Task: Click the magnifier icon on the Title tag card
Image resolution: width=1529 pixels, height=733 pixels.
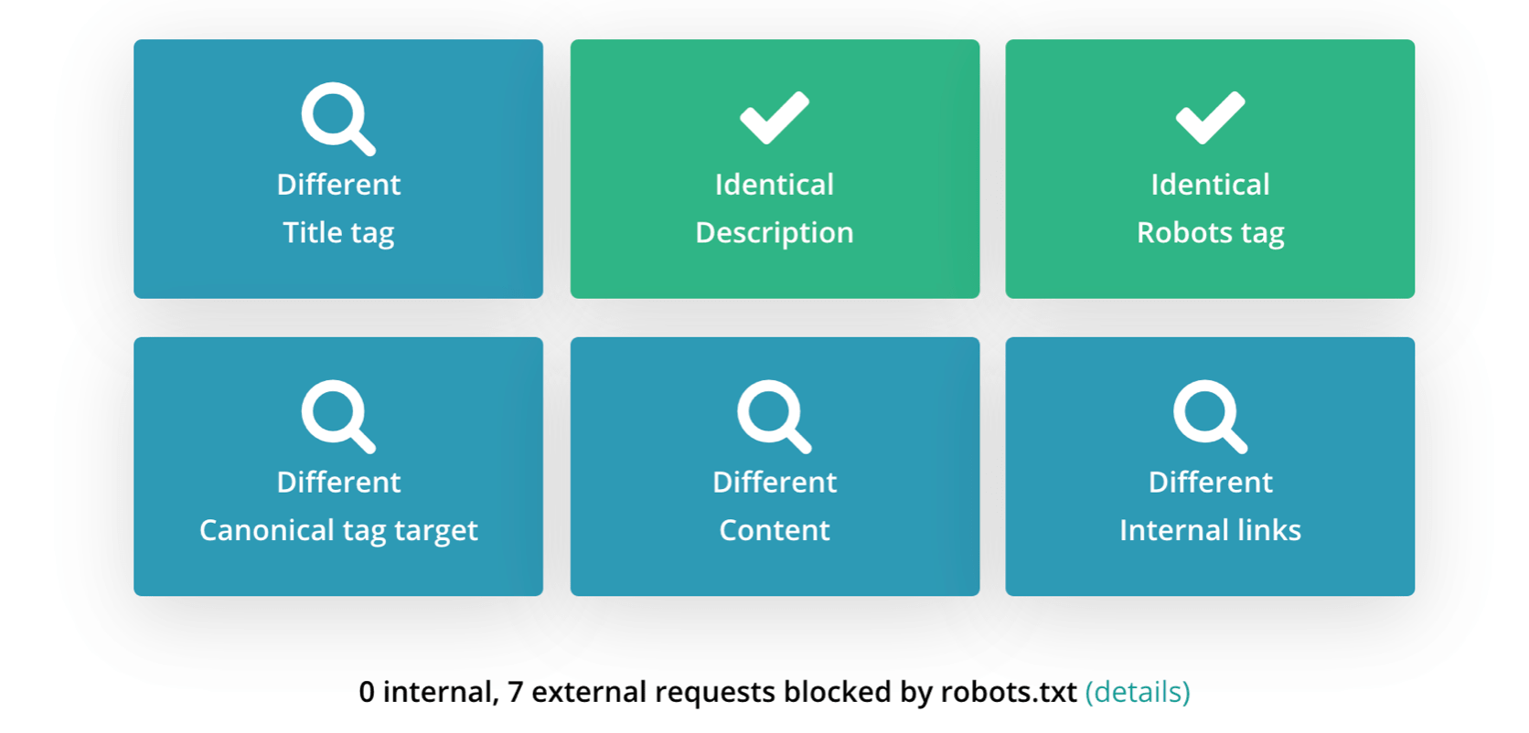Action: [x=337, y=118]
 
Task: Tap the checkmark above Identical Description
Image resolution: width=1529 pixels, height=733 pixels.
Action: [x=775, y=118]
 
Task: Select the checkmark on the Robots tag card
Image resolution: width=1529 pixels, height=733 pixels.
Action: [x=1210, y=118]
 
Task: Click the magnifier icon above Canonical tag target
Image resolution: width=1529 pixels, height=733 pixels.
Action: [x=337, y=416]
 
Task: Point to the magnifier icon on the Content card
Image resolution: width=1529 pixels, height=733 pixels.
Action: [x=774, y=416]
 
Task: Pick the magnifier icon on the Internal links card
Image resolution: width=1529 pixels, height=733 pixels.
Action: [x=1210, y=416]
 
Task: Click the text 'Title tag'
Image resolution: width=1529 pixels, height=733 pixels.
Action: [x=338, y=233]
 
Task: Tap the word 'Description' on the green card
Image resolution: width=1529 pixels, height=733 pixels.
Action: [x=775, y=233]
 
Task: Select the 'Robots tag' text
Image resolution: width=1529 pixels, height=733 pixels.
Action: [x=1210, y=233]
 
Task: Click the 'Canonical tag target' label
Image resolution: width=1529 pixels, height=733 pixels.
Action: [x=338, y=531]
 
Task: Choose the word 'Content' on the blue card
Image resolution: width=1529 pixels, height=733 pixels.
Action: [x=775, y=531]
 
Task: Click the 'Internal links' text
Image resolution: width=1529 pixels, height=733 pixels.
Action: [x=1210, y=531]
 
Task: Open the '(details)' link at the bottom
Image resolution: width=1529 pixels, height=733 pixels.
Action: [x=1138, y=693]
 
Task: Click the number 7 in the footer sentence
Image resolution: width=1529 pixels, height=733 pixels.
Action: [x=515, y=693]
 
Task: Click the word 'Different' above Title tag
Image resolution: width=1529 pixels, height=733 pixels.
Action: [x=338, y=185]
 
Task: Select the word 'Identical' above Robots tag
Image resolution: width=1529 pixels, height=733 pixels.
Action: [x=1210, y=185]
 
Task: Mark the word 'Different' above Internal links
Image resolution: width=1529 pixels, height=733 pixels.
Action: [x=1210, y=483]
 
